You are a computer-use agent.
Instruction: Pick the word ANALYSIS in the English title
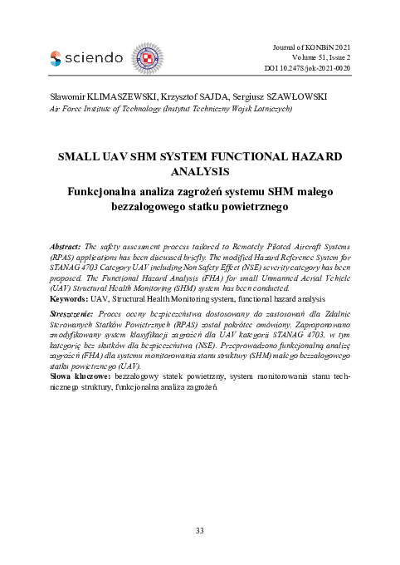tap(199, 172)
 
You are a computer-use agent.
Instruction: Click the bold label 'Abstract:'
tap(66, 248)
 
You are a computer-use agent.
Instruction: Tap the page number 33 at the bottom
tap(199, 530)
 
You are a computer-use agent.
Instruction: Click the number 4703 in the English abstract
tap(96, 268)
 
